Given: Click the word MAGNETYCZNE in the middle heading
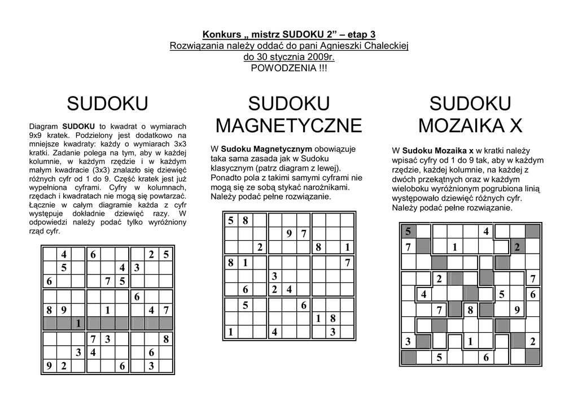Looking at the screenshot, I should tap(288, 125).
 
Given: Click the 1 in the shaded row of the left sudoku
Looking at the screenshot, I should tap(78, 323).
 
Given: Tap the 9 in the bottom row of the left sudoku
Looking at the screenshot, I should tap(49, 366).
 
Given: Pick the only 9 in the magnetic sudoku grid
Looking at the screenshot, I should tap(288, 233).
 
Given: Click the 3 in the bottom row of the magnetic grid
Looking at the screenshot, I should tap(333, 332).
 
